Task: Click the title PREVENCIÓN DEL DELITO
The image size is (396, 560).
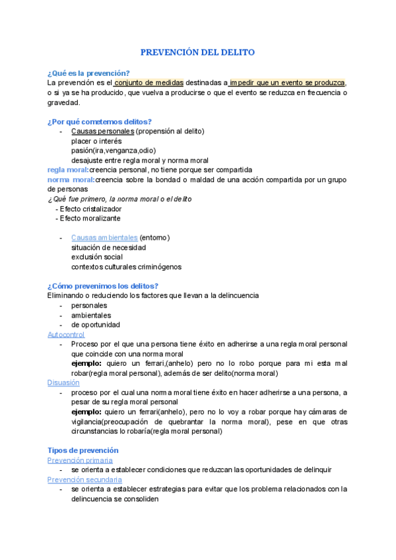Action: pyautogui.click(x=198, y=52)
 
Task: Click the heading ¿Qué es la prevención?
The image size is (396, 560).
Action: pyautogui.click(x=88, y=73)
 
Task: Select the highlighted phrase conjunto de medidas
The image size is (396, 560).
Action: pyautogui.click(x=149, y=83)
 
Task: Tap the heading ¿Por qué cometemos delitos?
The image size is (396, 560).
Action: pyautogui.click(x=100, y=122)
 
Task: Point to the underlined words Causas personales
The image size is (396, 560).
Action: pyautogui.click(x=102, y=131)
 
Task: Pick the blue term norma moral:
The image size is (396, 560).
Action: pyautogui.click(x=71, y=180)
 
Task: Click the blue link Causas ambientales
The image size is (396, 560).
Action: pyautogui.click(x=104, y=238)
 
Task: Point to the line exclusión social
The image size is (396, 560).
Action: pyautogui.click(x=97, y=257)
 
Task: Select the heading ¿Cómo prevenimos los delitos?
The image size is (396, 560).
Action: pyautogui.click(x=103, y=286)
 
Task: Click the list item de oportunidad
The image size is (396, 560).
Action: pyautogui.click(x=96, y=325)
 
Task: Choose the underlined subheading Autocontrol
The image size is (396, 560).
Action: pyautogui.click(x=66, y=335)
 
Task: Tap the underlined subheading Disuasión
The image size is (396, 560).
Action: pyautogui.click(x=63, y=383)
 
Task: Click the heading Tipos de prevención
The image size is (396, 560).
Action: pyautogui.click(x=83, y=450)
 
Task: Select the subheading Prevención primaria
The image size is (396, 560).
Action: pyautogui.click(x=80, y=460)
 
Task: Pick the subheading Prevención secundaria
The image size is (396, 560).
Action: pyautogui.click(x=84, y=479)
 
